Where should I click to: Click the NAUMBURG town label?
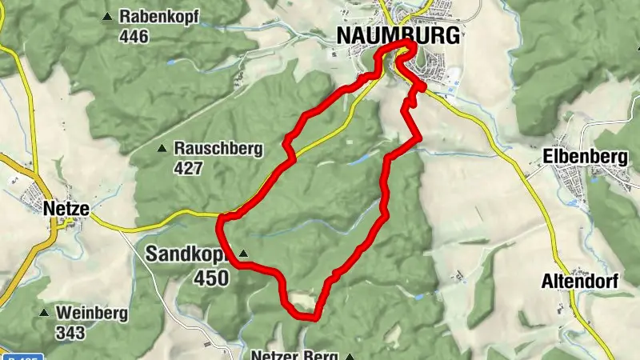398,36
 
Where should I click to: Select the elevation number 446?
135,36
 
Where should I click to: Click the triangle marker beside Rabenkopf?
108,17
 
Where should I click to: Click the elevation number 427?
189,168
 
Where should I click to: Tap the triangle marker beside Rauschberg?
162,149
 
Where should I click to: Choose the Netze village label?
66,210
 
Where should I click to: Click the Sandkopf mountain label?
189,254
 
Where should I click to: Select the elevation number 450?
210,278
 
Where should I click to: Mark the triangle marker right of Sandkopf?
244,255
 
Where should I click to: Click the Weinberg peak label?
91,312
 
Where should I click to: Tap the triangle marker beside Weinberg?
45,312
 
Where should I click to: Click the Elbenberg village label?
585,157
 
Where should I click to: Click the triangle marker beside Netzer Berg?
349,356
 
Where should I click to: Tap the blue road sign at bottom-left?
20,356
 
